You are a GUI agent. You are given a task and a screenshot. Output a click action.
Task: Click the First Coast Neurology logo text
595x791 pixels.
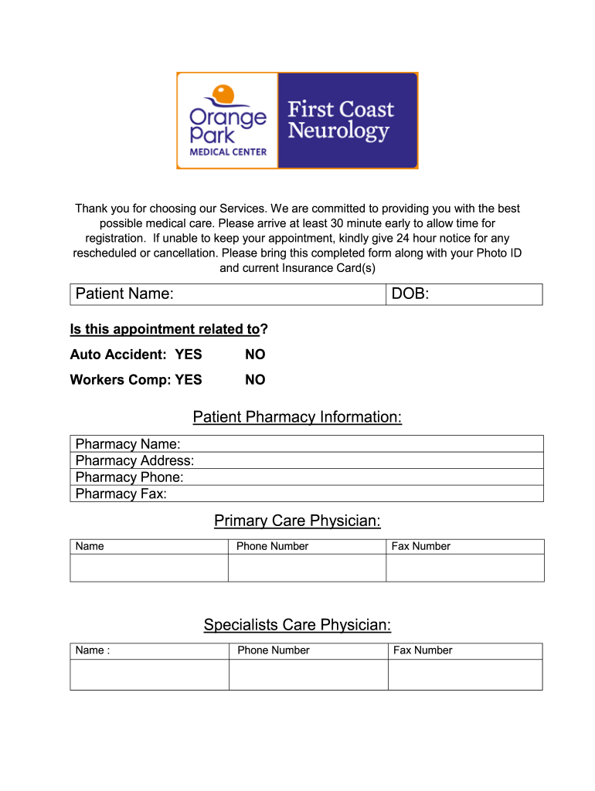click(340, 120)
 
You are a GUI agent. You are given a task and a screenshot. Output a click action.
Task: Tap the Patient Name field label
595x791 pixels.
click(124, 294)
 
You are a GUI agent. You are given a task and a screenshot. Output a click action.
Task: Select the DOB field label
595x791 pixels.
click(410, 294)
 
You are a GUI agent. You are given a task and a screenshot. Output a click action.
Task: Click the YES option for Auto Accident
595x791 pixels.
click(189, 355)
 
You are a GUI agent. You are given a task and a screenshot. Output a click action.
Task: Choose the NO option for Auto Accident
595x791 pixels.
click(255, 355)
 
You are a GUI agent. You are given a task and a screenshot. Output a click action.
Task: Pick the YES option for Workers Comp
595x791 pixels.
click(189, 380)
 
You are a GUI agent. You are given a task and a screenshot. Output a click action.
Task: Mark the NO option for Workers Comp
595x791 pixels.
click(255, 380)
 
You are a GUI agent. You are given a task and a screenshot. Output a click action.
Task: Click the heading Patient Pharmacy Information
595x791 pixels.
click(297, 418)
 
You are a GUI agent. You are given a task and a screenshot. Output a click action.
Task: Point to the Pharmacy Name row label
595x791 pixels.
click(128, 444)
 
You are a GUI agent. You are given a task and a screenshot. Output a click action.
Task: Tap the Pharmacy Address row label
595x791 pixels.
click(135, 461)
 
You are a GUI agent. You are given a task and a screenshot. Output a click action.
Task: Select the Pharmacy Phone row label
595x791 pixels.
click(130, 477)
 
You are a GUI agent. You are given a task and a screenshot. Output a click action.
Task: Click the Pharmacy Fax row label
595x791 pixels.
click(121, 494)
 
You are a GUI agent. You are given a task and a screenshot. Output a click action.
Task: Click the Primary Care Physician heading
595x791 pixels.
click(297, 521)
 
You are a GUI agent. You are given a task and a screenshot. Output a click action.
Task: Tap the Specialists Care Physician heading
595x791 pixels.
click(297, 625)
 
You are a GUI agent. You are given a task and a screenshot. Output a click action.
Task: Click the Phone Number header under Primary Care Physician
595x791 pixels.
click(272, 546)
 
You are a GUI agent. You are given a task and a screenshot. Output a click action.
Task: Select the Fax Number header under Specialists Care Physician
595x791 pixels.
click(423, 650)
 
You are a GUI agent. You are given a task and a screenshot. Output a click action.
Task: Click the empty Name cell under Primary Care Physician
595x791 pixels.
click(149, 568)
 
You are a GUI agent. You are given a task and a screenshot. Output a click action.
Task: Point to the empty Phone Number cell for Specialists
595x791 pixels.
click(308, 674)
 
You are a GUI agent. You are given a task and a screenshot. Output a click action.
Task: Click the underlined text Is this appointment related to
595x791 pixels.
click(165, 330)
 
